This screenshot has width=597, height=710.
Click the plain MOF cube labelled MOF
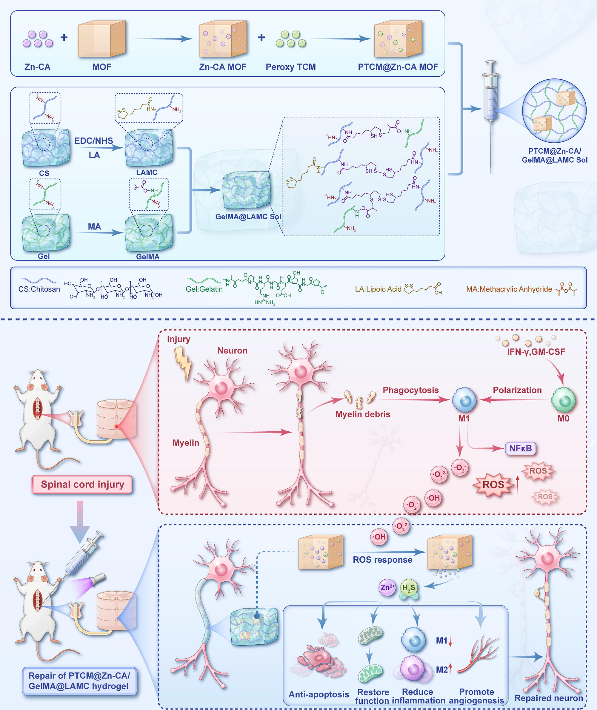[101, 39]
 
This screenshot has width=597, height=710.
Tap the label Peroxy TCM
[290, 67]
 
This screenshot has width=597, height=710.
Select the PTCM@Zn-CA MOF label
[398, 67]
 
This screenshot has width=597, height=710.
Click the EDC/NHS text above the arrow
[93, 141]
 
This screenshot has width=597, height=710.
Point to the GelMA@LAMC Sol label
[248, 217]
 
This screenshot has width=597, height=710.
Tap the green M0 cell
[563, 400]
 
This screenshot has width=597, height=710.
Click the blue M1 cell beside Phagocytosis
[464, 400]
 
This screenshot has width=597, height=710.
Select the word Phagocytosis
[410, 390]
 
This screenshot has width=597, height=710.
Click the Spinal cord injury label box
[82, 484]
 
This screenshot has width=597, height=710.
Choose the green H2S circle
[408, 588]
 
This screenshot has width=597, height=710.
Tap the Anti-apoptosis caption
[318, 694]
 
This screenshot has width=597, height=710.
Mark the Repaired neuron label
[548, 698]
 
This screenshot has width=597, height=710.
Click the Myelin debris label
[362, 414]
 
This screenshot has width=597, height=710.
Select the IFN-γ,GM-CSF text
[536, 352]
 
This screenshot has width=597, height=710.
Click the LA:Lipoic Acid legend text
[378, 289]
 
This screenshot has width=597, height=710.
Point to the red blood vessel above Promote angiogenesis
[479, 655]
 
